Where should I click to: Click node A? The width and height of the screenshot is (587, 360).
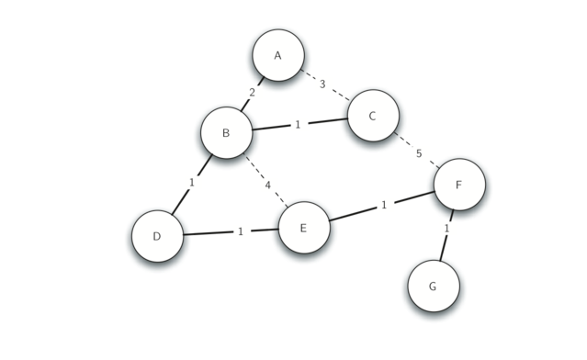[x=278, y=55]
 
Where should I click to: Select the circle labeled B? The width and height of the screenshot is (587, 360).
[x=226, y=132]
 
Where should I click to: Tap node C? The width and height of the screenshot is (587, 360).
[x=373, y=116]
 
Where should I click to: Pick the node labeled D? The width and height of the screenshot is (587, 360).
[x=157, y=236]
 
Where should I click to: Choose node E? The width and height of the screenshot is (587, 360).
[x=303, y=227]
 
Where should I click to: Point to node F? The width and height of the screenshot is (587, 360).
[x=459, y=185]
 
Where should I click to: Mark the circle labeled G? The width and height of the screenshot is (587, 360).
[x=434, y=286]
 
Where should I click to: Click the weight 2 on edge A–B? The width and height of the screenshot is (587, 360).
[x=252, y=93]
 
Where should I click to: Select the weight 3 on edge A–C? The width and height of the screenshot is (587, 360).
[x=322, y=84]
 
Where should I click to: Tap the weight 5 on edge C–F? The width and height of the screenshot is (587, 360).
[x=419, y=153]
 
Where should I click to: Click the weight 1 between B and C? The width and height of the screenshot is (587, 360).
[x=298, y=124]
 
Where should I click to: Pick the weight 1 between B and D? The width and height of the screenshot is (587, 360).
[x=192, y=182]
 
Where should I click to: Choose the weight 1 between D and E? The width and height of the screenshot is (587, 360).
[x=241, y=231]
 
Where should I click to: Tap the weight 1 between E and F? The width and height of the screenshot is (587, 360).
[x=384, y=205]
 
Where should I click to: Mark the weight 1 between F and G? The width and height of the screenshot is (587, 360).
[x=447, y=228]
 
